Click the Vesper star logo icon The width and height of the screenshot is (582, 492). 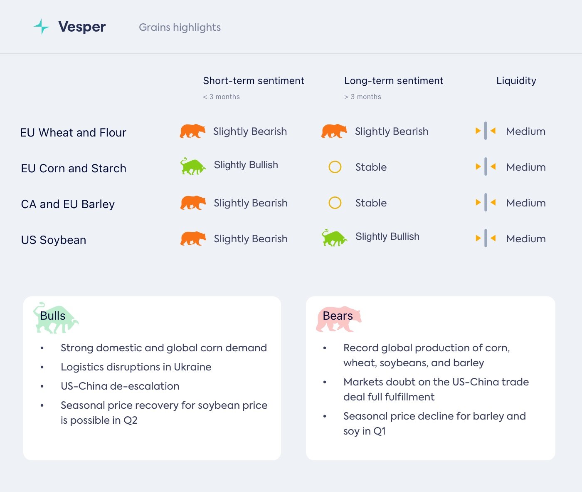coord(41,27)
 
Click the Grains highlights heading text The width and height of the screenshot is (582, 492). coord(180,27)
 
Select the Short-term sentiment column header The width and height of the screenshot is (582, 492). coord(253,81)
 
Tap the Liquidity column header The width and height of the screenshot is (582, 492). coord(516,81)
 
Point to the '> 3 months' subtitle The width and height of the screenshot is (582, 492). coord(363,97)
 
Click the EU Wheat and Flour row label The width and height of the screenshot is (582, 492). coord(73,133)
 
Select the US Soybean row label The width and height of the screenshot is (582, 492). coord(54,240)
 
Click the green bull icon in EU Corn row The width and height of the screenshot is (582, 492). coord(193,166)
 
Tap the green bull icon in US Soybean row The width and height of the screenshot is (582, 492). coord(334,238)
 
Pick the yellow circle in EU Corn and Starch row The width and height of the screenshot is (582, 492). coord(335,167)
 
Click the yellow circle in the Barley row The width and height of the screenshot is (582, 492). coord(335,203)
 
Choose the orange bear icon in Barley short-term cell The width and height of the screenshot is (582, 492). coord(193,203)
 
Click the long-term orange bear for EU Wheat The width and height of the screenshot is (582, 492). coord(334,131)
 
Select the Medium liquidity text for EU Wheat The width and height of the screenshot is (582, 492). coord(525,132)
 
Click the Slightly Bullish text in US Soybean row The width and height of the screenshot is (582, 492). coord(387,236)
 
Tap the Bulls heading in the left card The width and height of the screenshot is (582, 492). coord(53,316)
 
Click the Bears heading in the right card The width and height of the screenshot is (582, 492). coord(338,316)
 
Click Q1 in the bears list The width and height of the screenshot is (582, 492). coord(380,431)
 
